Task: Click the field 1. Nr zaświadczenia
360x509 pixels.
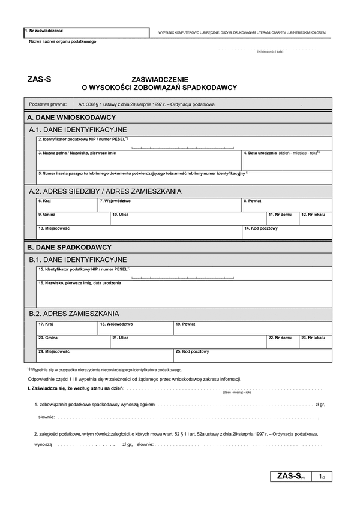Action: pos(86,32)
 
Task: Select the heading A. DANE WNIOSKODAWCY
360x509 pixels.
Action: pos(71,118)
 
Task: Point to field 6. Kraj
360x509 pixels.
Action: pos(67,205)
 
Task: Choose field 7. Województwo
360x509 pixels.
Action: pos(170,205)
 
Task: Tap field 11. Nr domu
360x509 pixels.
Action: pos(282,219)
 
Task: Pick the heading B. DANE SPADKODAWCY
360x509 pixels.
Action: pos(70,247)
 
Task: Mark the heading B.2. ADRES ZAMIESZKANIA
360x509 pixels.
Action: pos(74,313)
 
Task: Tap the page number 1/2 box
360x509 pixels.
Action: pos(322,477)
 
